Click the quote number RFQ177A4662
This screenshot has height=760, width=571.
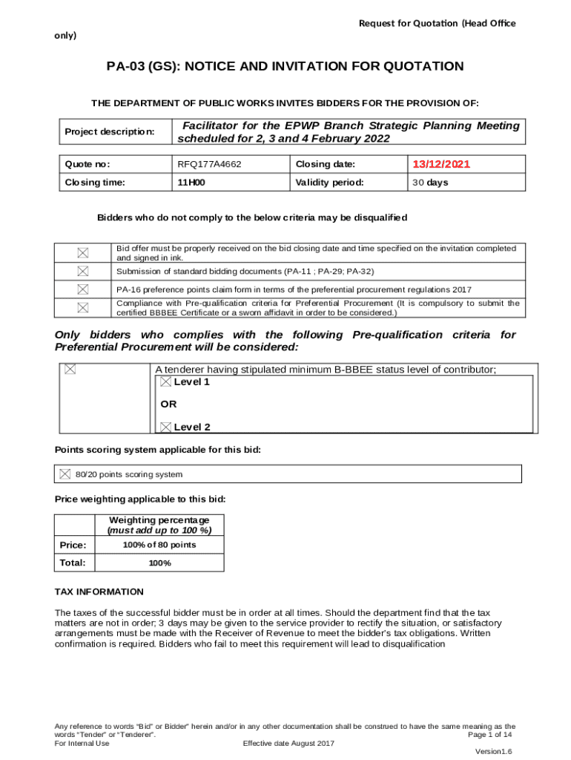[209, 164]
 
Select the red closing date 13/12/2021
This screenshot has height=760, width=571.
[441, 164]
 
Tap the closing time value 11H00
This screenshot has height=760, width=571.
[191, 182]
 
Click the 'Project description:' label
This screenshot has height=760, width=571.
[110, 131]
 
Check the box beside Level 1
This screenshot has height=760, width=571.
[166, 381]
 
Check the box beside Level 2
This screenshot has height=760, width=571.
[166, 427]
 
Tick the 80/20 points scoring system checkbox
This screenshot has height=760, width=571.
[65, 474]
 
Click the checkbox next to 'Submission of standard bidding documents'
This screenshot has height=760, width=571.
[82, 271]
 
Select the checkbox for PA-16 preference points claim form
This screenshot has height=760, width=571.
[82, 289]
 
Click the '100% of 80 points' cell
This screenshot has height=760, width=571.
[159, 545]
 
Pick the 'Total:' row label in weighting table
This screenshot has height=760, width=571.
[73, 563]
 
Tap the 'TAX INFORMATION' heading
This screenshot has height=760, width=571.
[99, 592]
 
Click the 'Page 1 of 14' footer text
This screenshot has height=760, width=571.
[490, 734]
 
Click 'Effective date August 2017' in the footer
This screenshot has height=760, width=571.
[289, 743]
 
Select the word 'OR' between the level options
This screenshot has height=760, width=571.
[168, 404]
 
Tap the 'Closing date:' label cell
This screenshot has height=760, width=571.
[326, 164]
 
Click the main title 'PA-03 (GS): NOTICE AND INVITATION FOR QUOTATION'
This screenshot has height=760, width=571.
[285, 67]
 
